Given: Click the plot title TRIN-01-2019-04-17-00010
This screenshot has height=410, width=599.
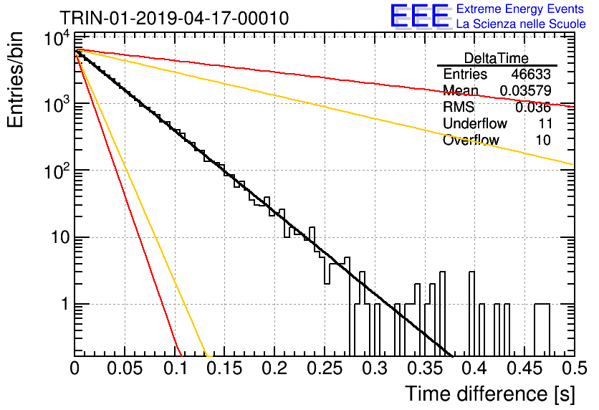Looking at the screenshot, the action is click(x=174, y=18).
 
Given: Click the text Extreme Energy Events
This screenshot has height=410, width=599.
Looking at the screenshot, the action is click(x=520, y=9).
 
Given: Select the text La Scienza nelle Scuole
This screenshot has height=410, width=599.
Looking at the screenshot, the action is click(x=521, y=24).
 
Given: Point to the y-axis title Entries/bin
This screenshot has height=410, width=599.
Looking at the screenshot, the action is click(x=15, y=80).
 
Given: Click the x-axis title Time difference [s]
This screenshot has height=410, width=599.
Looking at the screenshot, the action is click(x=490, y=394).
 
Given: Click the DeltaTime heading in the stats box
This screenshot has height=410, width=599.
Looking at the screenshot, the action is click(x=496, y=58).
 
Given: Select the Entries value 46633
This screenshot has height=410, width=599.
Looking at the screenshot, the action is click(x=531, y=74).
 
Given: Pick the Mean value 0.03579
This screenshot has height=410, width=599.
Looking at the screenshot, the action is click(x=526, y=90).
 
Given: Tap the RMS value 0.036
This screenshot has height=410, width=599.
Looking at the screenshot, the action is click(x=533, y=108).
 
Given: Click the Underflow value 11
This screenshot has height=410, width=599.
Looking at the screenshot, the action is click(x=545, y=123).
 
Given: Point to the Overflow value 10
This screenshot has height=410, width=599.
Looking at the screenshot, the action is click(x=543, y=140).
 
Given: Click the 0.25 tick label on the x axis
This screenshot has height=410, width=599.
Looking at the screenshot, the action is click(x=325, y=368).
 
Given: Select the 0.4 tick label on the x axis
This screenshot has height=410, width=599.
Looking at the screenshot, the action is click(x=474, y=368).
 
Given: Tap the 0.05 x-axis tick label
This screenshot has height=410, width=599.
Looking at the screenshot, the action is click(x=125, y=368).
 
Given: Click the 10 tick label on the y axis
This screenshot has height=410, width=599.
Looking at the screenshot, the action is click(x=60, y=237).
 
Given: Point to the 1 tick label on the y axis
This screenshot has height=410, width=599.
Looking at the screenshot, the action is click(x=65, y=304).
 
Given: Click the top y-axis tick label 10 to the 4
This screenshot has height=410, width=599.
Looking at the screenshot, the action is click(x=57, y=39).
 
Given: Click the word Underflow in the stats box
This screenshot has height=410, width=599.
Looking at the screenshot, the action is click(x=475, y=123).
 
